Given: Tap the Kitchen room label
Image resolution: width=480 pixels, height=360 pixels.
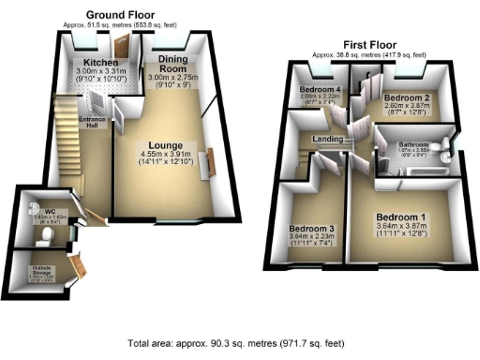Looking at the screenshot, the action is click(93, 62).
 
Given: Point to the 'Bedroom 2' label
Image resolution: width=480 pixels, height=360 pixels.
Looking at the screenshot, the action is click(406, 98).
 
